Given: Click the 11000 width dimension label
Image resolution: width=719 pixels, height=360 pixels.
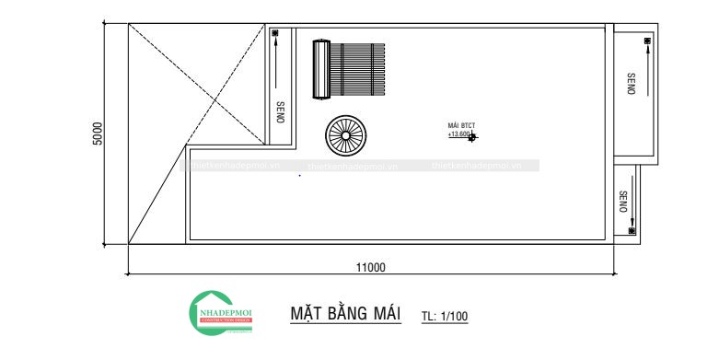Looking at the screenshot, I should [x=370, y=267].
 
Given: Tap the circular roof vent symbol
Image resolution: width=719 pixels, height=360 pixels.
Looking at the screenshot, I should [x=345, y=134].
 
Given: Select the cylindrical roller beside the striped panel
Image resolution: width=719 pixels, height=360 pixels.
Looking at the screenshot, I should [x=321, y=68].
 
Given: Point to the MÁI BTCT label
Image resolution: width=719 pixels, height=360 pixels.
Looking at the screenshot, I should [x=460, y=125].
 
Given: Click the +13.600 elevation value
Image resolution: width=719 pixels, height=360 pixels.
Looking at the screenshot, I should [x=458, y=134].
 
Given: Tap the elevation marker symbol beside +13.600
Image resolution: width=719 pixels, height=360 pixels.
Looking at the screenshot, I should [x=473, y=136].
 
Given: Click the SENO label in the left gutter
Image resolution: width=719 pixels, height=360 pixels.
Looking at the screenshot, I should [x=280, y=111].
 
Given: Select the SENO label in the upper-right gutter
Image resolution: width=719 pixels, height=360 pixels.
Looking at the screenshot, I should [x=631, y=84].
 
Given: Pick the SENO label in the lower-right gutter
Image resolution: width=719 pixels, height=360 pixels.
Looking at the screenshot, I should [x=623, y=202].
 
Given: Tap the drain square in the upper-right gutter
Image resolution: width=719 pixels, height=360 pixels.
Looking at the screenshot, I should [x=647, y=41].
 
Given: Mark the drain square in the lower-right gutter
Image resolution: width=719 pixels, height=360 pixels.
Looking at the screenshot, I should [x=631, y=230].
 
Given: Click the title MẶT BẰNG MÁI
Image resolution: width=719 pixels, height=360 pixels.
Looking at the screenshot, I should [x=345, y=313].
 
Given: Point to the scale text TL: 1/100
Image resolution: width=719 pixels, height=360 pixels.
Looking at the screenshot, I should [x=445, y=317].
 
